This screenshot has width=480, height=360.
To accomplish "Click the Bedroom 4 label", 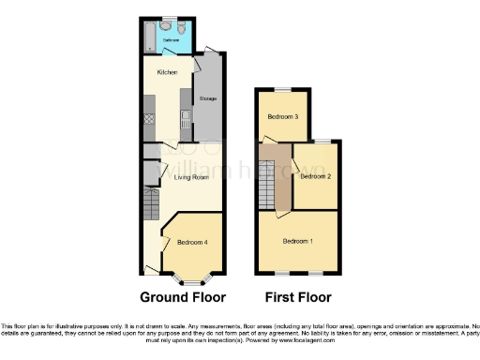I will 191,243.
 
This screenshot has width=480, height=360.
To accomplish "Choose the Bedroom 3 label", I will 282,117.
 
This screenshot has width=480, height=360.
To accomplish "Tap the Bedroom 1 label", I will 298,241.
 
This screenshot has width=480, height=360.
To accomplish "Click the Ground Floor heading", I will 183,298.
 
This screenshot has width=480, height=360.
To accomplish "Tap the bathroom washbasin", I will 168,22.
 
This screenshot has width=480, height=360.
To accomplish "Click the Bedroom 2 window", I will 322,141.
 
